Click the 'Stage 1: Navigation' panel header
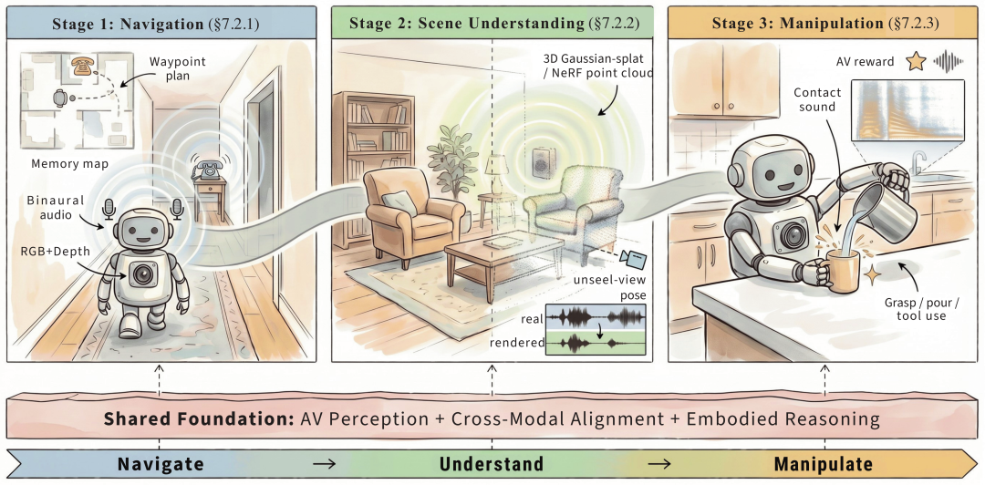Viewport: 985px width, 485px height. click(161, 24)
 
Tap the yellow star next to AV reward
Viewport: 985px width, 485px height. click(917, 61)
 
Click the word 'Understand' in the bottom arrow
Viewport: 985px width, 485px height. click(492, 464)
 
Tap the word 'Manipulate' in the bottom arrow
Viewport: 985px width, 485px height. click(823, 464)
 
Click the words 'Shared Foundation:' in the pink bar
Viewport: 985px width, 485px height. click(199, 419)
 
